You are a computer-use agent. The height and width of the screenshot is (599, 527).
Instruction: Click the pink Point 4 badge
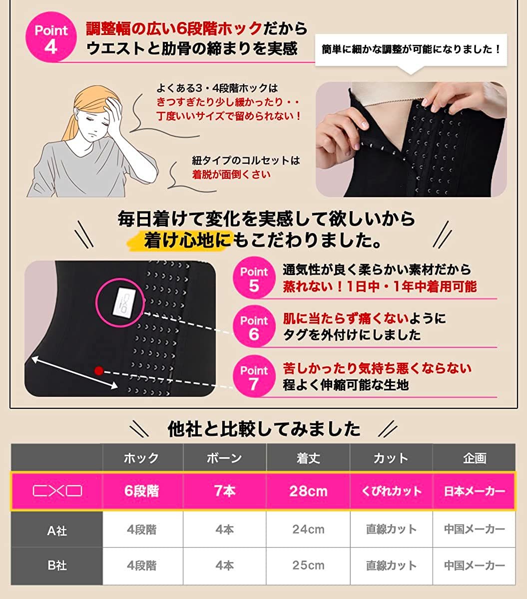(x=51, y=39)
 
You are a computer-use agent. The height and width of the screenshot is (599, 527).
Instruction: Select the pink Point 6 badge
(x=254, y=328)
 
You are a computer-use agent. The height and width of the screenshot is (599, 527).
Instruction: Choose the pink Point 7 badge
(x=254, y=377)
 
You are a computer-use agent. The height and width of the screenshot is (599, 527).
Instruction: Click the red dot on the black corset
(x=98, y=370)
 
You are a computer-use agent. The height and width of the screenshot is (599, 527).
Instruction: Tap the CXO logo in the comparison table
(x=57, y=491)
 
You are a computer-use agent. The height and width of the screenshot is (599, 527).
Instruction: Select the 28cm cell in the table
(x=308, y=491)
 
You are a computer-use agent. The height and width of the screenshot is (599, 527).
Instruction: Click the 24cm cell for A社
(x=308, y=529)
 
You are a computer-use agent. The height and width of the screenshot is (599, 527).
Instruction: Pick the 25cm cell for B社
(x=308, y=566)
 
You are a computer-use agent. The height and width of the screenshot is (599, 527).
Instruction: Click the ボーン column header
(x=224, y=458)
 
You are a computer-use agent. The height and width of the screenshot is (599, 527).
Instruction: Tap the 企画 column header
(x=474, y=458)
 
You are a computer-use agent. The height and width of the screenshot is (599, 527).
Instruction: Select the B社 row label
(x=57, y=566)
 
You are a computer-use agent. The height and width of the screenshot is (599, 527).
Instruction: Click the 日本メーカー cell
(x=474, y=491)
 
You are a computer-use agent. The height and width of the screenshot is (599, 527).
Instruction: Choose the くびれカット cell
(x=391, y=491)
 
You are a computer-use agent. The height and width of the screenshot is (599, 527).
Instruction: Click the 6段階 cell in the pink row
(x=142, y=491)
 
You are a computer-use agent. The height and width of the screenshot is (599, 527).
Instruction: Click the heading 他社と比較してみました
(x=264, y=429)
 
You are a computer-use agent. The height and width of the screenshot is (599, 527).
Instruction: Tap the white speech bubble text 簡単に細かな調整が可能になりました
(x=411, y=49)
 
